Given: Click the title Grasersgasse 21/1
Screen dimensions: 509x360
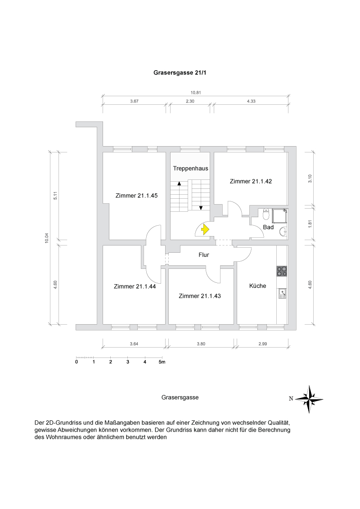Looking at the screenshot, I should pos(180,72).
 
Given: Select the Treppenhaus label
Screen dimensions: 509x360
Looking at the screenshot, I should pos(190,169).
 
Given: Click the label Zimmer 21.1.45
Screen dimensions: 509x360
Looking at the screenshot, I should pos(136,196).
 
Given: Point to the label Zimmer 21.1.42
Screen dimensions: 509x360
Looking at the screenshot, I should pos(251,181).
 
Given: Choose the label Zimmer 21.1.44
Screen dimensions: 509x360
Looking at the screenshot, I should pos(135,286).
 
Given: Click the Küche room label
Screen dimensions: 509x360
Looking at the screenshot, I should pos(257,286).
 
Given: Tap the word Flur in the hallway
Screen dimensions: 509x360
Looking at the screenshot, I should pos(203,255).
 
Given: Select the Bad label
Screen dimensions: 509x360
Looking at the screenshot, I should pos(268,228).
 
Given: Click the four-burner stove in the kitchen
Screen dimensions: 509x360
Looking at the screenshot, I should pos(282,271).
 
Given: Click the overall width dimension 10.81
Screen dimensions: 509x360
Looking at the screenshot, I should pos(195,93).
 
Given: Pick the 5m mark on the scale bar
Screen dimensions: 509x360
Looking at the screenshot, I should pos(162,362).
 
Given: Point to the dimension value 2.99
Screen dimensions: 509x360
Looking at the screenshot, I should pos(262,344).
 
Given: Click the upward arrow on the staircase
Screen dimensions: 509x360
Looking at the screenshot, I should pos(180,183).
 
